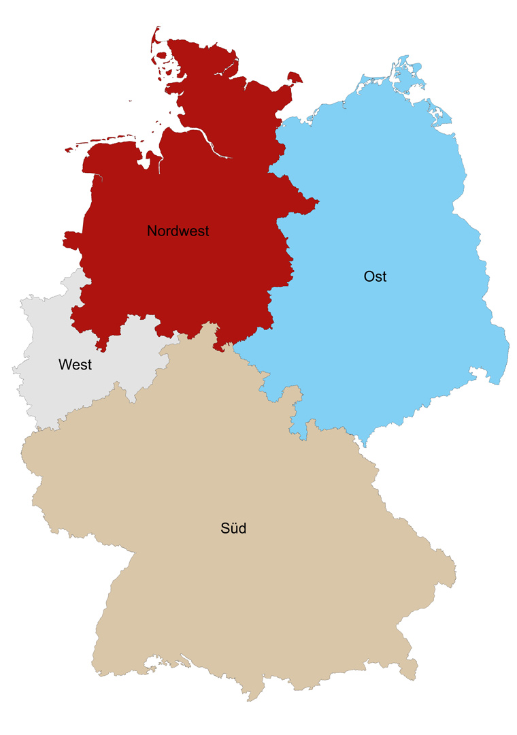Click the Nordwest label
[x=178, y=231]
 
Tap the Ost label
[x=376, y=277]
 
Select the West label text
[x=75, y=365]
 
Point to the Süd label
[x=233, y=527]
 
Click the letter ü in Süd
[x=233, y=528]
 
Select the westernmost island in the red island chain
[x=67, y=150]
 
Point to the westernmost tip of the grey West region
[x=13, y=369]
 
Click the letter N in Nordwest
[x=152, y=231]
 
